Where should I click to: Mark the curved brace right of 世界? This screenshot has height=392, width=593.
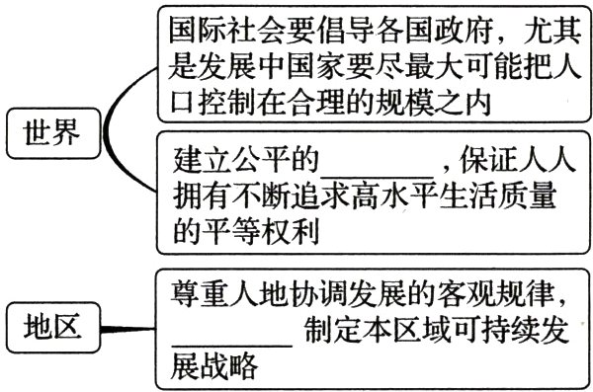pos(124,129)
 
